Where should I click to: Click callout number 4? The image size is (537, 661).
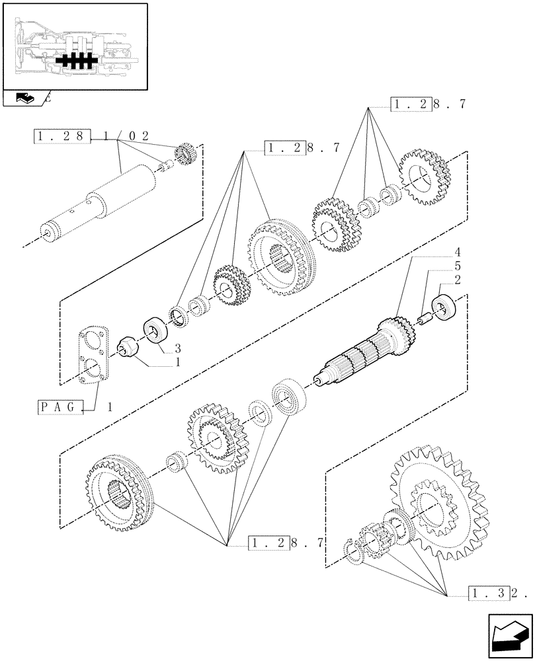tap(457, 253)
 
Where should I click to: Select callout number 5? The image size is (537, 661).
tap(457, 266)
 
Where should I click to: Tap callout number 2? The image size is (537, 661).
tap(457, 279)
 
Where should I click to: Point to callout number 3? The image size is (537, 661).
tap(178, 348)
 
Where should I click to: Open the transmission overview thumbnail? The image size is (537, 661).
tap(74, 46)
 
